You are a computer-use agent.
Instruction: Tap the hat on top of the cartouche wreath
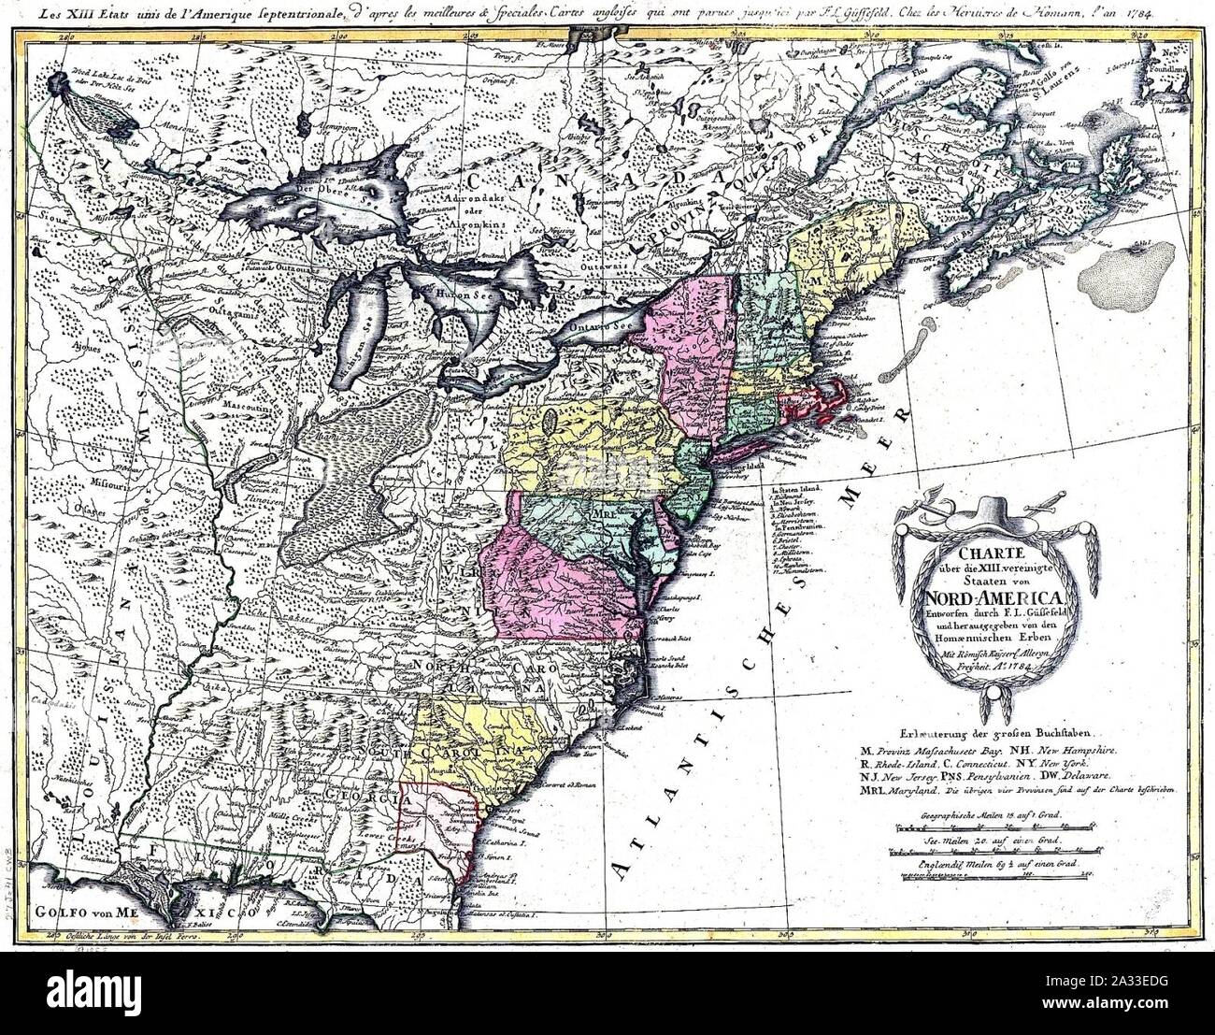coord(995,511)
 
